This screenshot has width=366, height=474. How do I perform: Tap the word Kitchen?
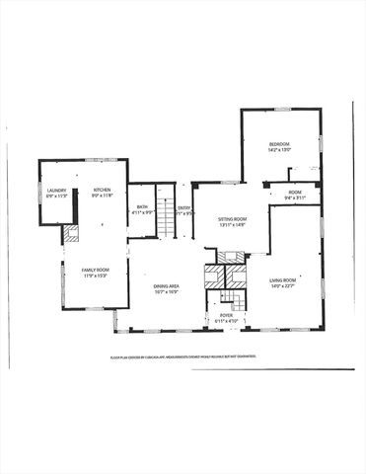tap(102, 190)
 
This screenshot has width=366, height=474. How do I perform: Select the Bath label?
tap(142, 206)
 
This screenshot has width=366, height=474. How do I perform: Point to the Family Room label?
tap(96, 270)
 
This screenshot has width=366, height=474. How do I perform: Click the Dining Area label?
tap(166, 286)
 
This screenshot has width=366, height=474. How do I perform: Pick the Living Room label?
tap(283, 280)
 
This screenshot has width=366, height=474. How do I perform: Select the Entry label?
tap(183, 206)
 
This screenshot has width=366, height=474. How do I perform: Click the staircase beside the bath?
tap(167, 210)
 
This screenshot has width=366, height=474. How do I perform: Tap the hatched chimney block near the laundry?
tap(71, 234)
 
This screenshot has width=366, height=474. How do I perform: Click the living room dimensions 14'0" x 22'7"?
tap(283, 287)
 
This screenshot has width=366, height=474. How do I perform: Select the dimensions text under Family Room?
tap(96, 276)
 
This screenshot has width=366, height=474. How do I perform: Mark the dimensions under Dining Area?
tap(166, 292)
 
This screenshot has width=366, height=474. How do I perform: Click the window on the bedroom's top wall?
tap(282, 109)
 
